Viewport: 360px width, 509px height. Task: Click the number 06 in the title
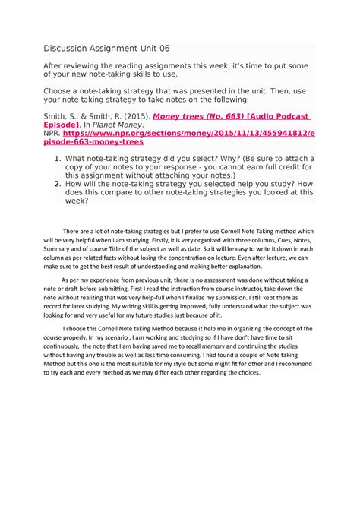coord(164,48)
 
